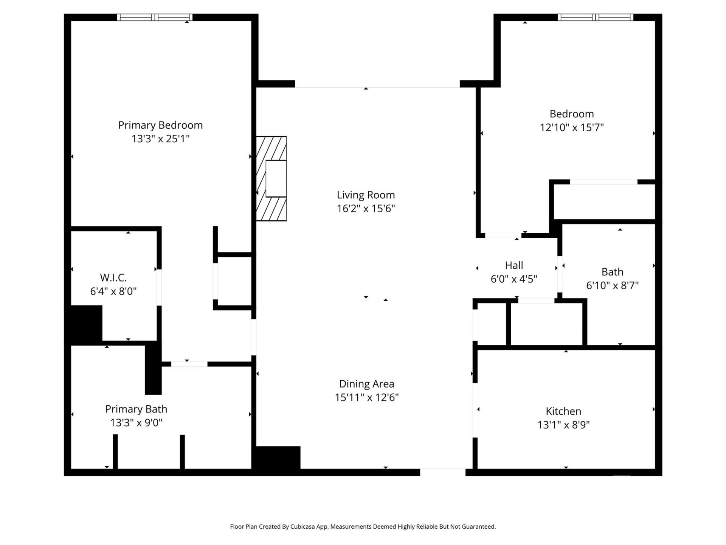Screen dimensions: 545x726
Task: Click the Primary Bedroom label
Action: point(160,125)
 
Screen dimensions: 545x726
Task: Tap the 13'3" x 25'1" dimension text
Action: point(160,139)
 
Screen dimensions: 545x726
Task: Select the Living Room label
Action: point(366,195)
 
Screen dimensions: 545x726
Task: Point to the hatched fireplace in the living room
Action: point(271,179)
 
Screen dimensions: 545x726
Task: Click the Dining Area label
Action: point(366,384)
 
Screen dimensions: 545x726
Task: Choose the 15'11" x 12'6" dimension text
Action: point(366,397)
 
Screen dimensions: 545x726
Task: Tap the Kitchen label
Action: point(563,411)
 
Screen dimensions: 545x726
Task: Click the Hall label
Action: point(514,265)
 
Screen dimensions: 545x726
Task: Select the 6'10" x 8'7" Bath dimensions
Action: point(612,285)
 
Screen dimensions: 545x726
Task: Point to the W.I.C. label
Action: point(113,278)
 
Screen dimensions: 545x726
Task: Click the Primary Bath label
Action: point(136,409)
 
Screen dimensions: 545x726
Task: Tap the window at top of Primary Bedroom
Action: point(155,17)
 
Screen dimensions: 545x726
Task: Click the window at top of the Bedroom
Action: point(595,17)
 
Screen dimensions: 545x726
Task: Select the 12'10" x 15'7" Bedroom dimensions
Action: point(571,128)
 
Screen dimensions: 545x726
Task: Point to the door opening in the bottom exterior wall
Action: point(442,472)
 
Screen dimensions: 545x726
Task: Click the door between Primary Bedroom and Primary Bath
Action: point(189,364)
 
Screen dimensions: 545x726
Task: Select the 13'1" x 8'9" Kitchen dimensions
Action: point(563,425)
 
